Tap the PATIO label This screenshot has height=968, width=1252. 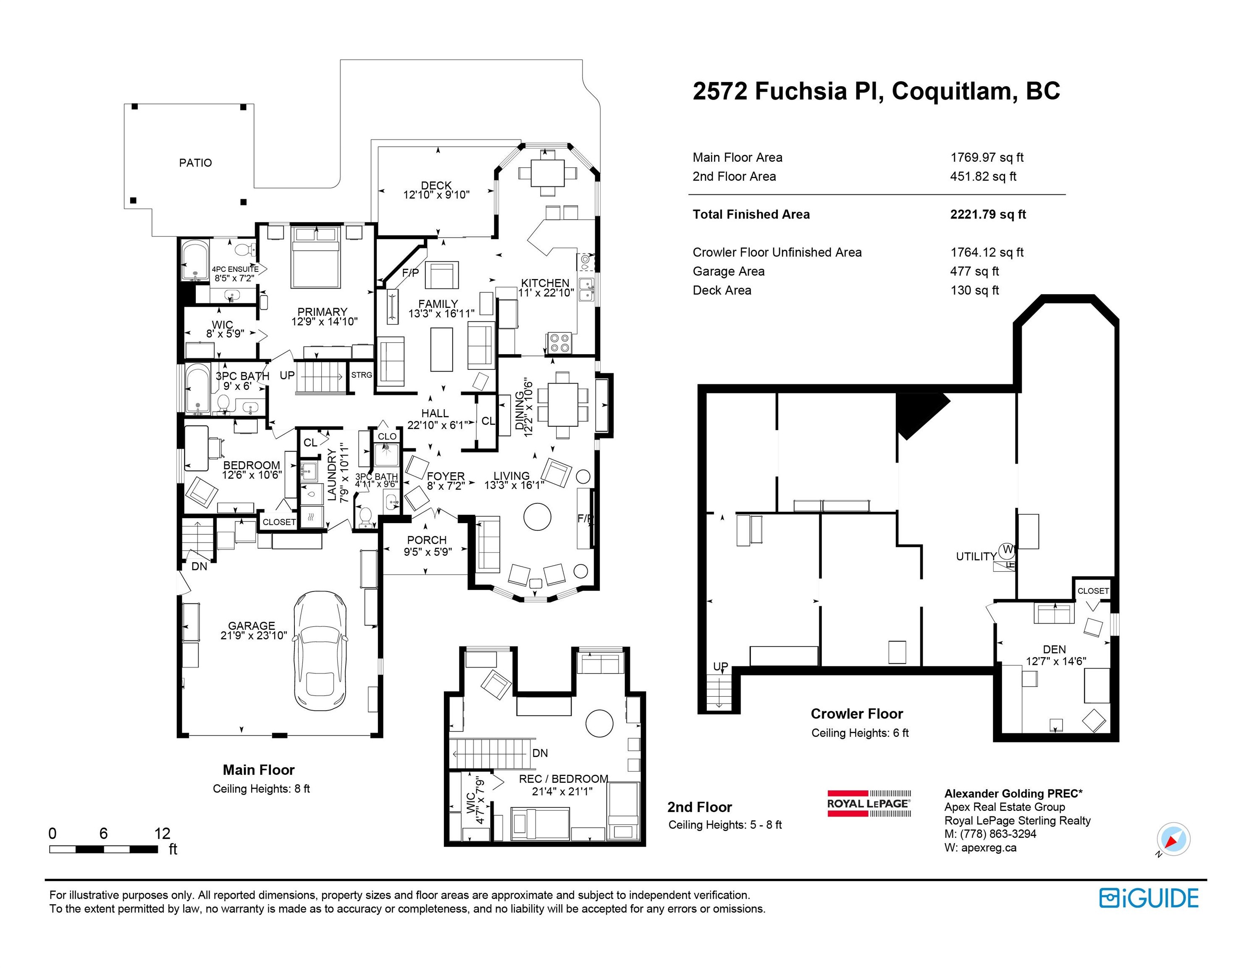[x=195, y=163]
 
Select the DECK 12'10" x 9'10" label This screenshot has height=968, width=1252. [x=436, y=190]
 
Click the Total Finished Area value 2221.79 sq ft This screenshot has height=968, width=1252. [x=988, y=214]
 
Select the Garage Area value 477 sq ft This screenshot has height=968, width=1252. [x=974, y=271]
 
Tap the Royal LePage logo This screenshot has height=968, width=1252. [x=869, y=803]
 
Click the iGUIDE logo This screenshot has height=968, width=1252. [x=1149, y=898]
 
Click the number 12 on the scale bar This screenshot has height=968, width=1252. [x=162, y=833]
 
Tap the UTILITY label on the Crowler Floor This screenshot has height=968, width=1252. [x=976, y=556]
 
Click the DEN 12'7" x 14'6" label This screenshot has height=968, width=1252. [x=1055, y=655]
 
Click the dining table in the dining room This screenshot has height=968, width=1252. [x=562, y=404]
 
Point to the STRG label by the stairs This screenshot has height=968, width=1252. [x=361, y=375]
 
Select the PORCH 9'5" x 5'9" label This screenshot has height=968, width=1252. [x=427, y=545]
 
